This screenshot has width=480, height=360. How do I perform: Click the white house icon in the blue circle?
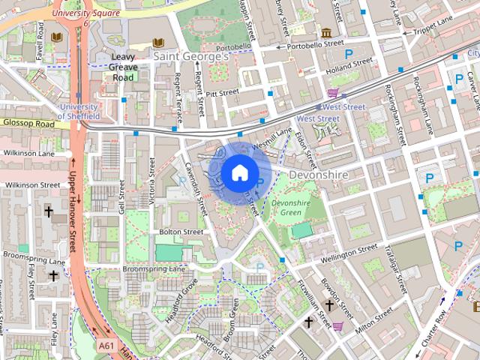point(239,172)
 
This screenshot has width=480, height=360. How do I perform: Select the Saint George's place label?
point(190,56)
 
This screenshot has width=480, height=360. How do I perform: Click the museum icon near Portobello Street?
point(326,33)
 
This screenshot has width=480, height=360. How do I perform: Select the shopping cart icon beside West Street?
point(333,93)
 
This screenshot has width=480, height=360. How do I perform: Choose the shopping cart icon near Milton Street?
point(337,325)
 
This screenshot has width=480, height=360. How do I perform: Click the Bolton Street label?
point(181,232)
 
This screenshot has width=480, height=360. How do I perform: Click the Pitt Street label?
point(222,93)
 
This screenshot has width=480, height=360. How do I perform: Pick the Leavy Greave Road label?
point(123,67)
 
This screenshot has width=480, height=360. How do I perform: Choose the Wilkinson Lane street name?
point(28,153)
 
